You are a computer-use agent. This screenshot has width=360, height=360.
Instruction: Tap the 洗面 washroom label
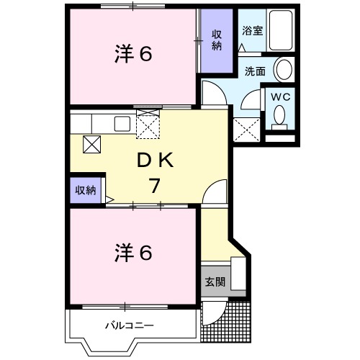(255, 71)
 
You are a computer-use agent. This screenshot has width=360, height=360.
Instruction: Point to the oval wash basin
(285, 70)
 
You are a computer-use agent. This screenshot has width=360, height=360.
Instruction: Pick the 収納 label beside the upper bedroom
(217, 40)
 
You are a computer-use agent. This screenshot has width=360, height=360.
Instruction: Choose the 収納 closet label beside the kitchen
(86, 191)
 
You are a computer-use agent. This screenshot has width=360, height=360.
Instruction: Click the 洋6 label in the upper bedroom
(133, 54)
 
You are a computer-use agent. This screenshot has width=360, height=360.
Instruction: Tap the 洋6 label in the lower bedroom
(133, 253)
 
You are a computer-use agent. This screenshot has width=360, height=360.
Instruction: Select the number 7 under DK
(154, 186)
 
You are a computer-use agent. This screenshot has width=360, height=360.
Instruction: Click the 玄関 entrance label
(215, 282)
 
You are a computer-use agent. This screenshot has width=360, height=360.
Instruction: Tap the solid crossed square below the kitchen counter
(93, 143)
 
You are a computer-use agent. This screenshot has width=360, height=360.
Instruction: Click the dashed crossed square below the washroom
(248, 130)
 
